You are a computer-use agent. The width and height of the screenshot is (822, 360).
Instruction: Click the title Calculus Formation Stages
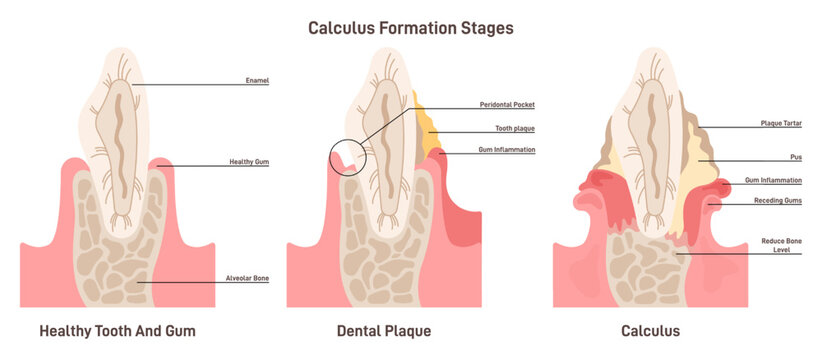pyautogui.click(x=410, y=28)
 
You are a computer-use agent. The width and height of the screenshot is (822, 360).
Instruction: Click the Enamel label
pyautogui.click(x=256, y=80)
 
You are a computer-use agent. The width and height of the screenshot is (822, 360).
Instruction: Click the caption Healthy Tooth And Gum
pyautogui.click(x=117, y=330)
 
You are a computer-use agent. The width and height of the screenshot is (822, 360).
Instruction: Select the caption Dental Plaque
pyautogui.click(x=381, y=330)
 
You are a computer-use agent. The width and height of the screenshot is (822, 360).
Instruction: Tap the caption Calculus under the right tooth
pyautogui.click(x=650, y=330)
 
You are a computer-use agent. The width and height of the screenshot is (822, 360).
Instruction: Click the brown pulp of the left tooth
pyautogui.click(x=119, y=140)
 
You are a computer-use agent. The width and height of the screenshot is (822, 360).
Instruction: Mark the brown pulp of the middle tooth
pyautogui.click(x=385, y=140)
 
